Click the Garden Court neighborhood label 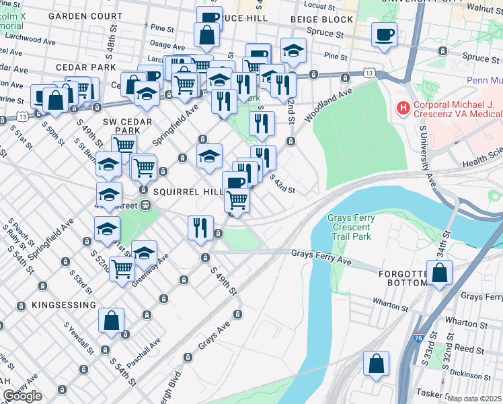(x=85, y=15)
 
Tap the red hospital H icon (x=403, y=106)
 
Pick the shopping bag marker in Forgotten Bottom (x=439, y=273)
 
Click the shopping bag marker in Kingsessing (x=112, y=321)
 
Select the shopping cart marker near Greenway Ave (x=122, y=269)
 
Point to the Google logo (x=22, y=396)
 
